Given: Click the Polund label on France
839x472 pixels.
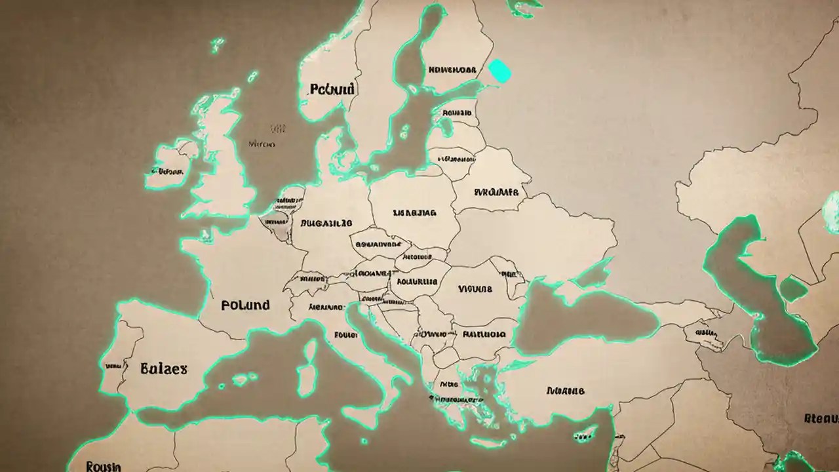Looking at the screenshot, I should tap(245, 305).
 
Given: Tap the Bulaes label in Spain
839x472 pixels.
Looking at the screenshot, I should tap(163, 368).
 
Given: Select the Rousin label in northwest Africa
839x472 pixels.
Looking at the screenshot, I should tap(104, 466).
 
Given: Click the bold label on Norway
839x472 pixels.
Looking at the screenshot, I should tap(332, 88).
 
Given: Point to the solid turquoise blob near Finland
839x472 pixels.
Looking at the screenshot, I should tap(499, 70).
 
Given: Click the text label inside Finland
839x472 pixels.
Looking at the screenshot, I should tap(452, 69).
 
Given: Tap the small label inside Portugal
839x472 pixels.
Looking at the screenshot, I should tap(113, 366).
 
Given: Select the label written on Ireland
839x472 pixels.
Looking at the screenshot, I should tap(166, 172).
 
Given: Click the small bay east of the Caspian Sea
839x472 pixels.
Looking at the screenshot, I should tap(792, 288).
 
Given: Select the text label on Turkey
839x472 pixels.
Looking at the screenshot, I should tap(564, 391).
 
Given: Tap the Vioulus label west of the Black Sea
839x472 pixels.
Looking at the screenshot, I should tap(475, 288).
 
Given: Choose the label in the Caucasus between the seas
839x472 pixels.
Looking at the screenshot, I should tap(705, 333).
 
